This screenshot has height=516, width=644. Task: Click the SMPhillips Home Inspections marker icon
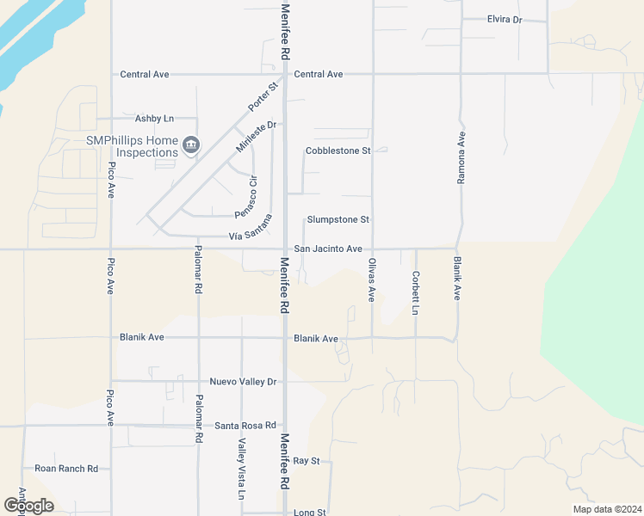[191, 144]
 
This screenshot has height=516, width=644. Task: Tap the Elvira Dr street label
[505, 20]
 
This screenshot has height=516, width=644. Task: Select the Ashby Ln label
[155, 119]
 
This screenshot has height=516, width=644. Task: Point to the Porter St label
[264, 96]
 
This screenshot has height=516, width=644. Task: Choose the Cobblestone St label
[337, 150]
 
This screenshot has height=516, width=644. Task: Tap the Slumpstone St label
[338, 220]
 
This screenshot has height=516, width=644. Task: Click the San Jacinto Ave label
[328, 249]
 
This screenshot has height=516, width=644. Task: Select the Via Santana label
[251, 230]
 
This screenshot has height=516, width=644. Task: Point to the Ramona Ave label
[461, 157]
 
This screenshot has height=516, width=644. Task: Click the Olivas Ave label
[372, 279]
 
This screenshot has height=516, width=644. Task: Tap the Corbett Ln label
[416, 292]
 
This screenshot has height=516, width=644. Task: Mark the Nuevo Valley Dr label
[243, 381]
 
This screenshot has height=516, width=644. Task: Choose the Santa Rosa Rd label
[245, 425]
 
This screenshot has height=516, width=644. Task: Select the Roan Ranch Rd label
[66, 469]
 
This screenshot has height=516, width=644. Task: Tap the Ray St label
[307, 461]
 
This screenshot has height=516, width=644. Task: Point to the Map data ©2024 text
[606, 509]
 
